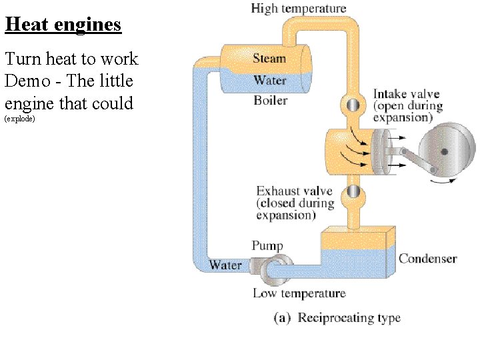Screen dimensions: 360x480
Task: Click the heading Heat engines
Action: click(63, 25)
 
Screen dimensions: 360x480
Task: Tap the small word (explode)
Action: click(19, 119)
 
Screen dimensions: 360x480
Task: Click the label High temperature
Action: click(299, 9)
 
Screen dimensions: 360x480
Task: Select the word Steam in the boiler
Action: click(269, 59)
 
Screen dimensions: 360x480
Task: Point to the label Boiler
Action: click(271, 101)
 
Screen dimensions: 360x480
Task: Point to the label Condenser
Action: click(427, 259)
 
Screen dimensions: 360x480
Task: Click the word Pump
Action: click(267, 246)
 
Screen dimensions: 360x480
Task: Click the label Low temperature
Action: click(299, 293)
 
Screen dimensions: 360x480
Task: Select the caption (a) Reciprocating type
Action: click(337, 318)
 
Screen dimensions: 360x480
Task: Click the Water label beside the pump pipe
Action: click(225, 265)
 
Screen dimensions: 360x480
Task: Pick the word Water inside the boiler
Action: click(270, 80)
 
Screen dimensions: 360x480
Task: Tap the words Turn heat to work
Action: click(71, 59)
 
